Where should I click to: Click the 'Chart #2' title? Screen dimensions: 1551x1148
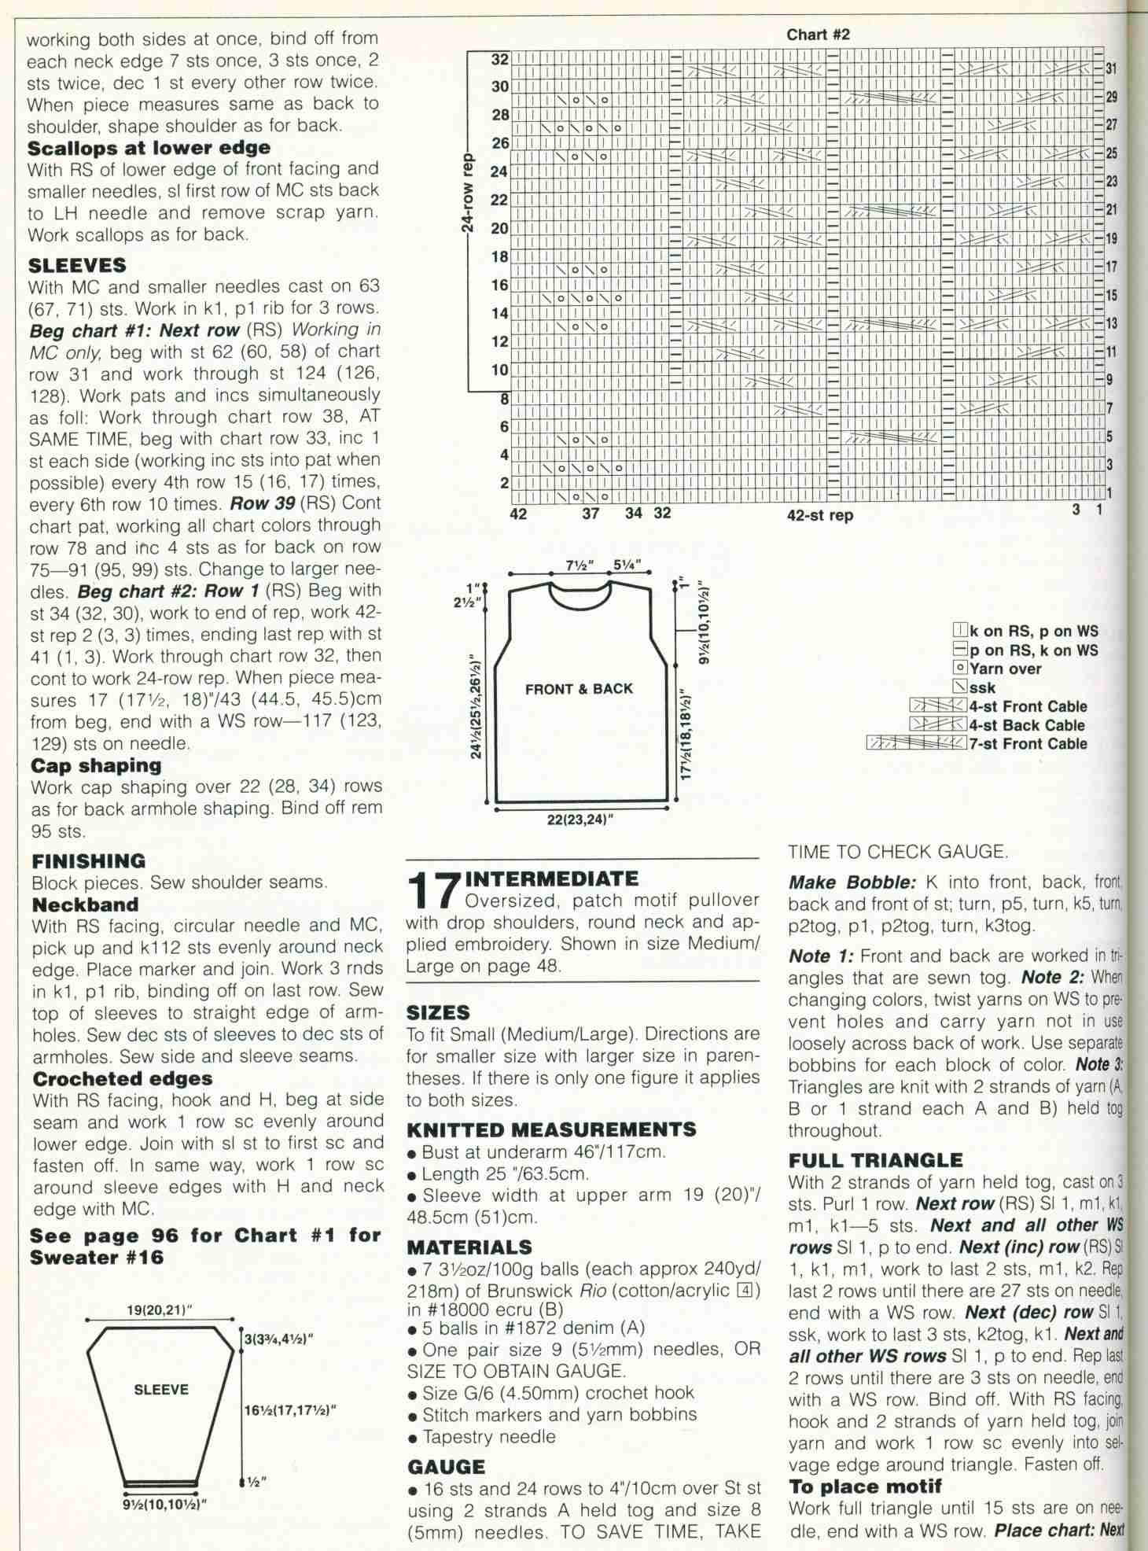(818, 35)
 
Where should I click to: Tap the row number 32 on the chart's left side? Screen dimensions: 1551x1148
(500, 59)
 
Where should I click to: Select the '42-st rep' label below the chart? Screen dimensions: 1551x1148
(820, 516)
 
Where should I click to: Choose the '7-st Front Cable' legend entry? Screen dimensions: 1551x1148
(1028, 743)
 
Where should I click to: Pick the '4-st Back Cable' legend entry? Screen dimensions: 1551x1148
(1027, 725)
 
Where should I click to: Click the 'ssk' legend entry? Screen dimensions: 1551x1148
(983, 687)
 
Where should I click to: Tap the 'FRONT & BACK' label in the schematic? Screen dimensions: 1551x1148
(579, 689)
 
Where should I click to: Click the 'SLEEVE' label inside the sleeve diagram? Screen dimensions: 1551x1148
(160, 1389)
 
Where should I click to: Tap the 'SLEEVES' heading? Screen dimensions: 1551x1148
(76, 266)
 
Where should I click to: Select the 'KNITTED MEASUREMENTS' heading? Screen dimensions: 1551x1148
(551, 1130)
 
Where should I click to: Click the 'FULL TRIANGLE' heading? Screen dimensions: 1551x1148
(875, 1160)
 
